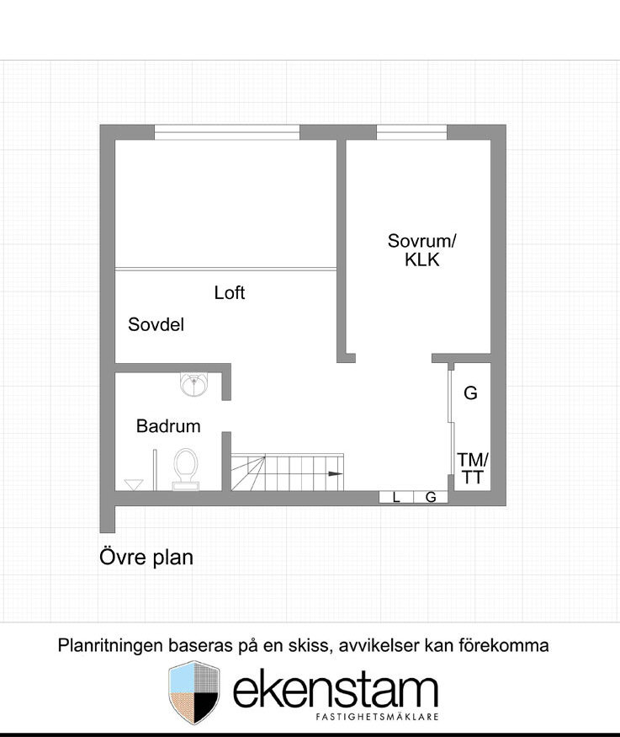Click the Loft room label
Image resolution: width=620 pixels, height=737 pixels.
point(230,292)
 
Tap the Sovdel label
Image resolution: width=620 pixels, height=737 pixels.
point(156,324)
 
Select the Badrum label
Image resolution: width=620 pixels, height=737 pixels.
point(168,426)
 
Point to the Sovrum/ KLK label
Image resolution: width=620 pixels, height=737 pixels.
point(421,250)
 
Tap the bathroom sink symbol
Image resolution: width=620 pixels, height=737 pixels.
point(193,384)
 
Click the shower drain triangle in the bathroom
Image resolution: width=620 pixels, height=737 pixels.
point(134,484)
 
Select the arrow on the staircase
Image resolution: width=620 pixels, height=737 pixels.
point(336,473)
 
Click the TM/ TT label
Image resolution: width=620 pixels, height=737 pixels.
point(473,468)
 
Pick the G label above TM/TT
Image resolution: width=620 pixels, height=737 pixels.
point(470,393)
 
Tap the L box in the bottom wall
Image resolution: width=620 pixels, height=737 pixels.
point(396,497)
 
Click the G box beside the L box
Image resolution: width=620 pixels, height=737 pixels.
point(431,497)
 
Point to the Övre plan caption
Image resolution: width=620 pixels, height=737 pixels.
point(146,558)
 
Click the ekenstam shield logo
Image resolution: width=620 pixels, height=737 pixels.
point(194,692)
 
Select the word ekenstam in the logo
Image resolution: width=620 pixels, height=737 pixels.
point(336,691)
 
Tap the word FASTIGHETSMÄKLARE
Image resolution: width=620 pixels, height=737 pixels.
point(378,717)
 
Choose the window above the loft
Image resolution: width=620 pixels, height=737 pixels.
point(227,132)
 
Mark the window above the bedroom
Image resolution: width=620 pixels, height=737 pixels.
point(411,132)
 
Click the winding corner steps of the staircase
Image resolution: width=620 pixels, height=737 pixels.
point(248,473)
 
